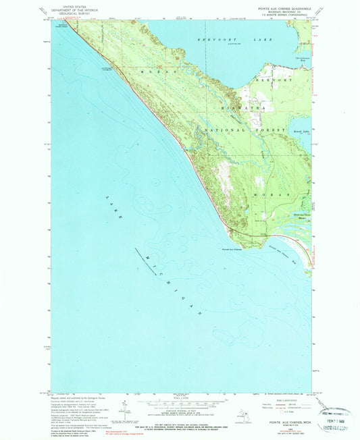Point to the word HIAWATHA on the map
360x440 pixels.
click(237, 107)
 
